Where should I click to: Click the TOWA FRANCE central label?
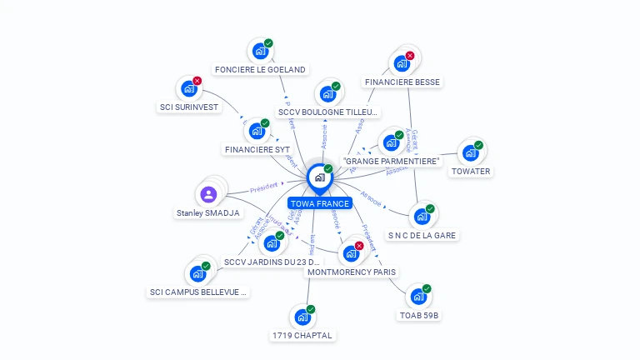(x=320, y=203)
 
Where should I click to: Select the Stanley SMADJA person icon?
(x=208, y=194)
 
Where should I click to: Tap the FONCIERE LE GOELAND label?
(x=260, y=70)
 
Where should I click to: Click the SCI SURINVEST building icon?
(x=188, y=89)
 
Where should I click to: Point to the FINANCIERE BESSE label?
(x=402, y=82)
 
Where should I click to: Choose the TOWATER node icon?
(x=470, y=153)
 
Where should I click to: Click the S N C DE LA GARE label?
(x=422, y=235)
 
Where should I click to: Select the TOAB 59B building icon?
(x=418, y=297)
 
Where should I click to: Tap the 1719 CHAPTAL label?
(x=302, y=335)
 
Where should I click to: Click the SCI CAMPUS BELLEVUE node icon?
(x=197, y=273)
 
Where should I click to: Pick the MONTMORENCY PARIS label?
(x=352, y=272)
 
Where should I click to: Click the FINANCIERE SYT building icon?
(x=257, y=132)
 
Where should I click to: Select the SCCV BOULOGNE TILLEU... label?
(x=328, y=112)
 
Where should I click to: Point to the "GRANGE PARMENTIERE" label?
(x=391, y=162)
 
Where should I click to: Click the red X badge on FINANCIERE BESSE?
(x=410, y=56)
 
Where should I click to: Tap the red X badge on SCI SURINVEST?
(x=197, y=81)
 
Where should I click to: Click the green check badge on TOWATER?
(x=478, y=145)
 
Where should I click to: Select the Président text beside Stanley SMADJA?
(x=262, y=187)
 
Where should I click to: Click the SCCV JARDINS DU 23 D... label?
(x=272, y=262)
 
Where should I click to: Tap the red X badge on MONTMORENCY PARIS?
(x=359, y=246)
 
